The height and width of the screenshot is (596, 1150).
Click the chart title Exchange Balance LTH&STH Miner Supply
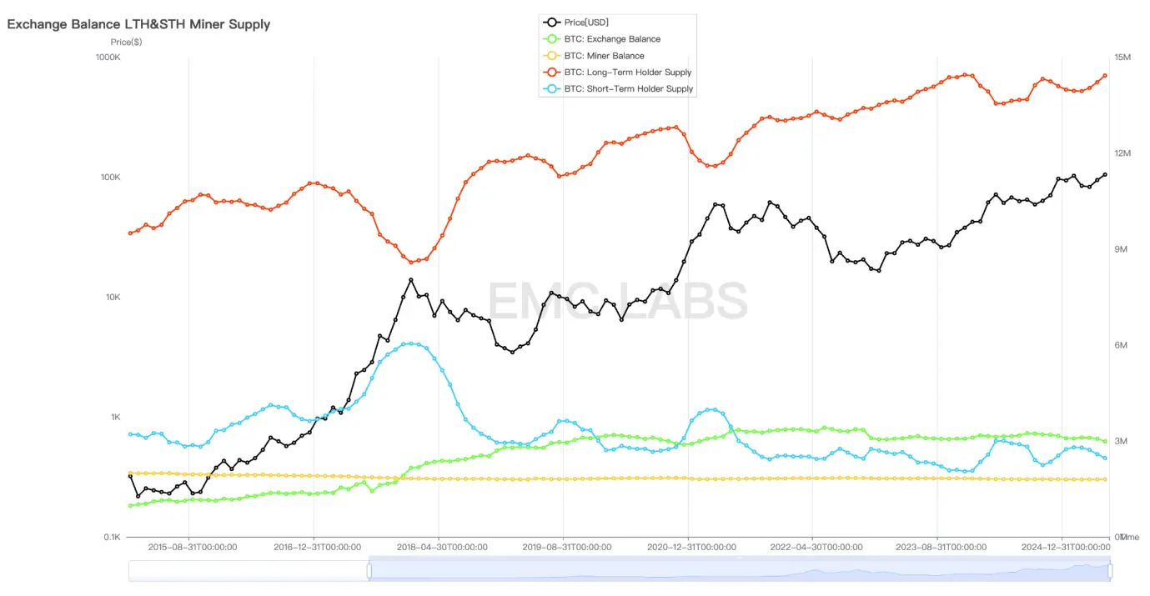[138, 24]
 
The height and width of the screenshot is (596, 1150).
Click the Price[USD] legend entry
[586, 23]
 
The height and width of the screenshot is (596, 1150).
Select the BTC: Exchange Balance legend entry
[612, 39]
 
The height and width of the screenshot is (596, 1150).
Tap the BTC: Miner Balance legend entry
[604, 56]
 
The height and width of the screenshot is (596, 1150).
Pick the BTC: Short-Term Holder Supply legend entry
[629, 89]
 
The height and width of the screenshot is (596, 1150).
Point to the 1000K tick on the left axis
[108, 58]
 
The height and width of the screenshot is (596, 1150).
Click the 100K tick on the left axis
[110, 178]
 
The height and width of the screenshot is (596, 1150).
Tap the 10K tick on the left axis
[112, 298]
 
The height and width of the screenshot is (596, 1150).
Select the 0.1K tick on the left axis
[110, 538]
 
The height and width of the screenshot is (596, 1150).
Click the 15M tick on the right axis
[1122, 58]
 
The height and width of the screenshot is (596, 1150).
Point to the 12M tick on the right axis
[1122, 153]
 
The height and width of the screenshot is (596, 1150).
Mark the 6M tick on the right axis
[1120, 346]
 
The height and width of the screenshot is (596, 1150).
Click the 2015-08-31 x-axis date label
[192, 548]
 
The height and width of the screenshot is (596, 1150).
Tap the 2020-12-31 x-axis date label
[691, 548]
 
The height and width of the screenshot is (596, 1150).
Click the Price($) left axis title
[126, 42]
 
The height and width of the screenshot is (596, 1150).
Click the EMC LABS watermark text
[617, 300]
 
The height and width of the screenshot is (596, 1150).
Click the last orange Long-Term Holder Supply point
[1105, 76]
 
